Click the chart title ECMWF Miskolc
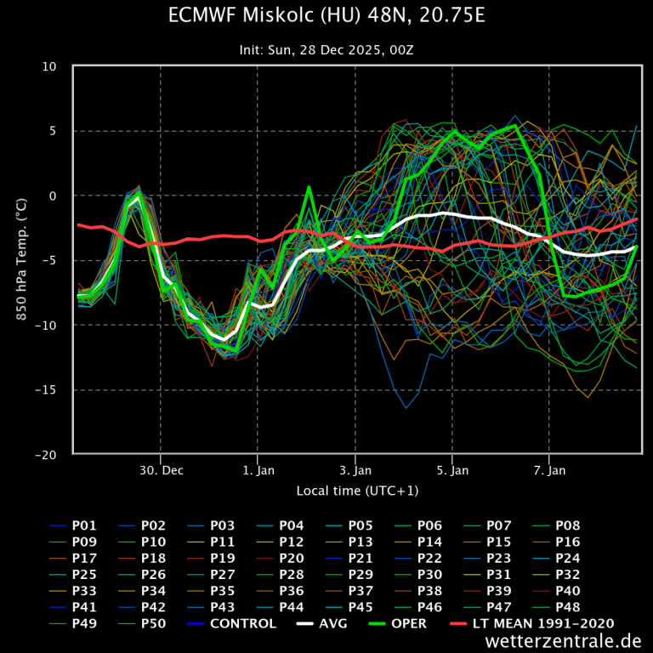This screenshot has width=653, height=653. point(326,16)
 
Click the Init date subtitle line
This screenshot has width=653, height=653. point(326,50)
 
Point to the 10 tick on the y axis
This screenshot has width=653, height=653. point(50,66)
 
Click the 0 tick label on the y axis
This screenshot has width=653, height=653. point(53,196)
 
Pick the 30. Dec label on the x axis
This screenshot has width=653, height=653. point(161,470)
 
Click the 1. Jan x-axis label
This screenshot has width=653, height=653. point(258,470)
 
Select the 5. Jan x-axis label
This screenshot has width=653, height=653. point(452,470)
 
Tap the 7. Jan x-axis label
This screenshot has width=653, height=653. point(550,470)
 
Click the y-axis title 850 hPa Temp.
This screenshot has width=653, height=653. point(21,260)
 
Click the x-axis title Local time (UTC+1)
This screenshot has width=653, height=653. point(357,491)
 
